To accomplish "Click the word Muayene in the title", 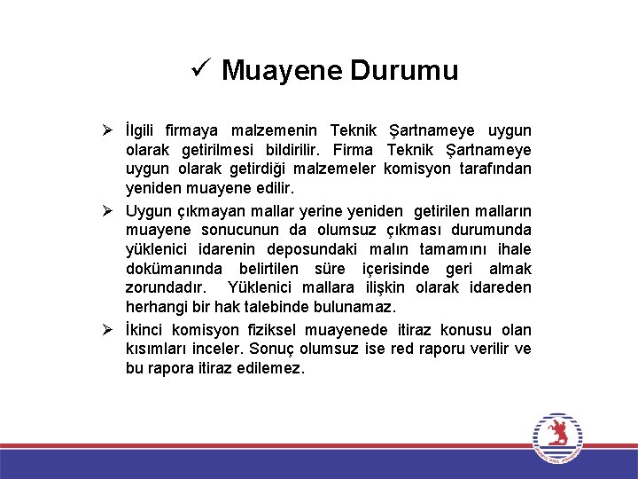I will coord(282,70).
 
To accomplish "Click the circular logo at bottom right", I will coord(558,438).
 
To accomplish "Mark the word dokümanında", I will coord(172,270).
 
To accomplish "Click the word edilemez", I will coord(268,368).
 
